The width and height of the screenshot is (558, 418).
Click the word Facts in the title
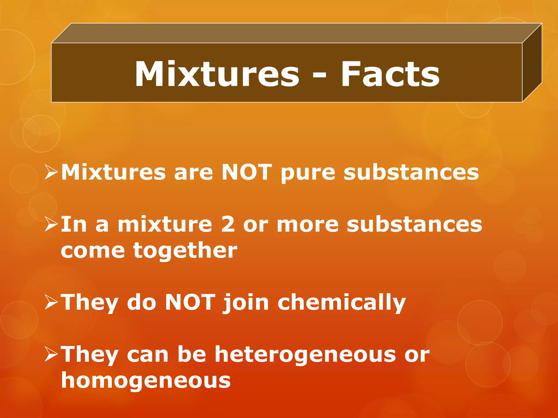click(x=390, y=74)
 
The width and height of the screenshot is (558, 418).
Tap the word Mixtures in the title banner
click(x=217, y=74)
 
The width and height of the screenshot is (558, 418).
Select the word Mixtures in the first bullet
click(x=113, y=172)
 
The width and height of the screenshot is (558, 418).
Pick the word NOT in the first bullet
click(x=247, y=172)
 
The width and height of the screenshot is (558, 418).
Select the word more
click(x=307, y=225)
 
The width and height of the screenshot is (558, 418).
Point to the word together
click(x=185, y=251)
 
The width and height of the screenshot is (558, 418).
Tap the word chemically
click(x=342, y=303)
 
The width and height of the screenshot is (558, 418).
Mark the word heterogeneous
click(x=305, y=355)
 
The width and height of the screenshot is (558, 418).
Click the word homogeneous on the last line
click(x=146, y=380)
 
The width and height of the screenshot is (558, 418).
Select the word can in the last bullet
click(x=147, y=355)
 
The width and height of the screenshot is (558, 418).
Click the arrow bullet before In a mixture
click(x=51, y=224)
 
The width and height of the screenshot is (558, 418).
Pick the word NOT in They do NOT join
click(x=190, y=302)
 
